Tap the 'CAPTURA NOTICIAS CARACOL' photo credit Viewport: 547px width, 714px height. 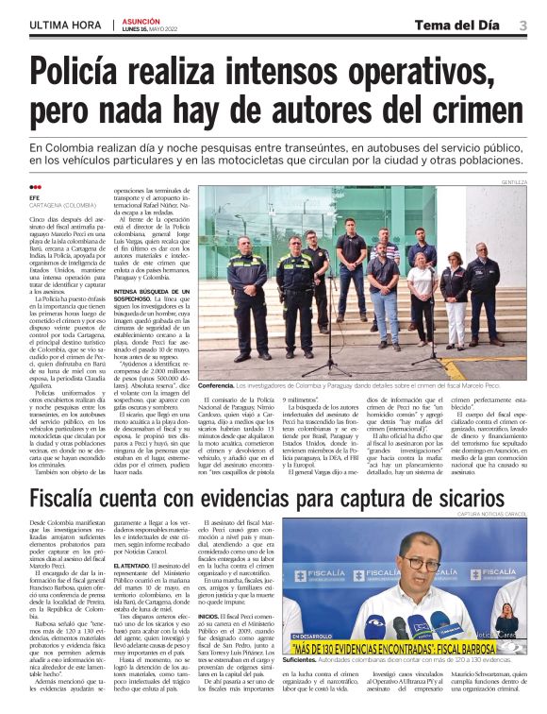point(492,514)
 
